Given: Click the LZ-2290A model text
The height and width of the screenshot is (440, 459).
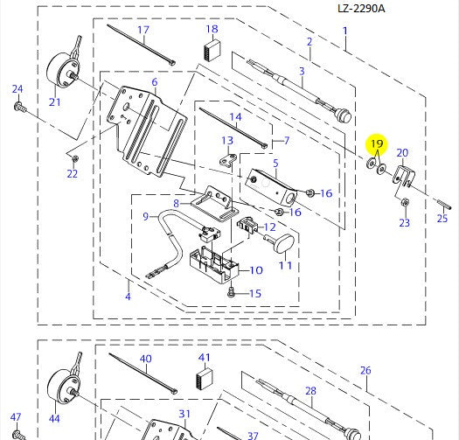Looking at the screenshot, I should coord(361,9).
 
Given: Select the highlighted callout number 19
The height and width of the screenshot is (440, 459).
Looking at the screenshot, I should coord(377,143).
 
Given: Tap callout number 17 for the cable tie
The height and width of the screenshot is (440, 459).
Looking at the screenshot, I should coord(143,31).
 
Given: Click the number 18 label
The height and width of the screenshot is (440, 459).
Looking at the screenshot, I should coord(212,30).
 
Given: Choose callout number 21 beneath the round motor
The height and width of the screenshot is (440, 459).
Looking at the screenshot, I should coord(55,101).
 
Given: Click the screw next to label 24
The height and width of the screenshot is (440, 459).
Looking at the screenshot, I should coord(18,107).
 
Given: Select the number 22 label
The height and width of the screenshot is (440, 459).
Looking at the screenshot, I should coord(72,173).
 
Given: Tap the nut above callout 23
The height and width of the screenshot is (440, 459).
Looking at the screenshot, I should coord(405,203).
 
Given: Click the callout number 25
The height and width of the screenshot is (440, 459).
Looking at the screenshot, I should coord(442,219).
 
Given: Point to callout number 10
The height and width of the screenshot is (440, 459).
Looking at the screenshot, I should coord(256,270).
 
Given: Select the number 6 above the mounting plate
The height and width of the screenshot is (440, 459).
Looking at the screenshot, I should coord(155,82).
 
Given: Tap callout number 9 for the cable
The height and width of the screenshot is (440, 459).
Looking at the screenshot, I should coord(146,216).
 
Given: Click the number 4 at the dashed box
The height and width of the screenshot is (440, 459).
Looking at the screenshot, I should coord(128,296).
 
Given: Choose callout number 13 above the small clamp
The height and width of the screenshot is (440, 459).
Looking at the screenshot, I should coord(227,141).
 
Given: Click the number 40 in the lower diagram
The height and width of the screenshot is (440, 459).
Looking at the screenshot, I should coord(145,359).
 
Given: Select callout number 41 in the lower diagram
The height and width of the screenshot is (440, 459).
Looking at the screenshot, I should coord(205,358).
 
